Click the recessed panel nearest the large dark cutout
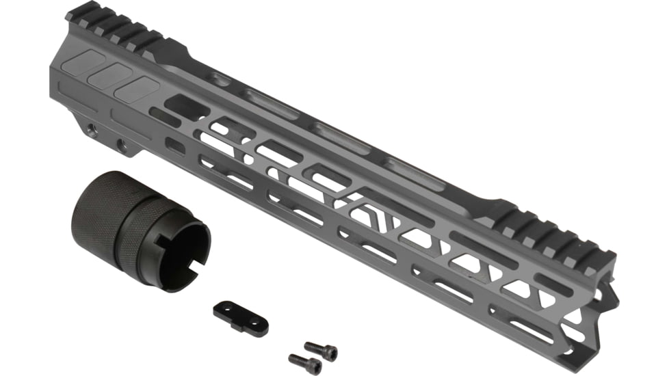pyautogui.click(x=137, y=89)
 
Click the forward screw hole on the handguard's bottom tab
pyautogui.click(x=122, y=144)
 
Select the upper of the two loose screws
pyautogui.click(x=321, y=351)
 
